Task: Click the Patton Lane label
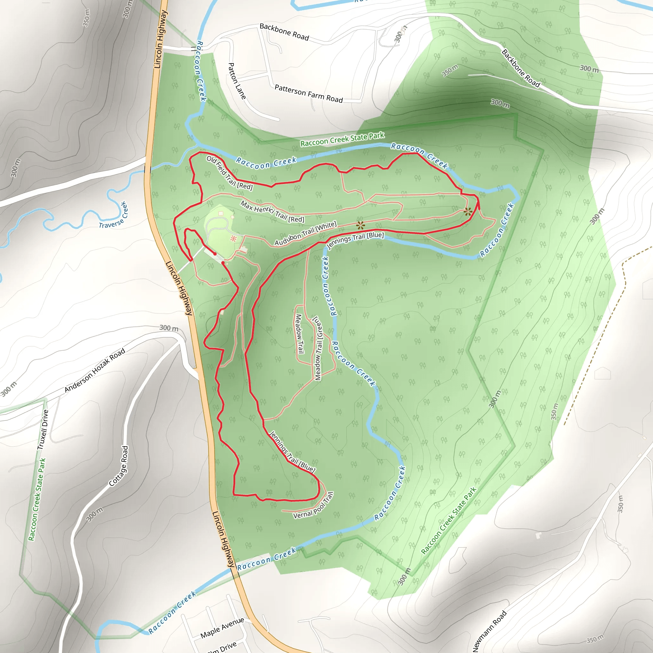[x=237, y=81]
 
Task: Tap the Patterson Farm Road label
[x=309, y=94]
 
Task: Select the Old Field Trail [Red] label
[x=230, y=173]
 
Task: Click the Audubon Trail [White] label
[x=305, y=233]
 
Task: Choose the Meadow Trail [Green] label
[x=319, y=349]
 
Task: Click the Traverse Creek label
[x=113, y=216]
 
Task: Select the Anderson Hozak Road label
[x=95, y=371]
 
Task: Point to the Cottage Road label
[x=119, y=466]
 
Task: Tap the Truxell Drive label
[x=43, y=429]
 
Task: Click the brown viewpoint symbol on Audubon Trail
[x=360, y=225]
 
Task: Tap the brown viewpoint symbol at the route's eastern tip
[x=468, y=212]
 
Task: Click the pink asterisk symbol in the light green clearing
[x=233, y=238]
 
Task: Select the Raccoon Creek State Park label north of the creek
[x=342, y=140]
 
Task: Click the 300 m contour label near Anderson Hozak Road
[x=169, y=328]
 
